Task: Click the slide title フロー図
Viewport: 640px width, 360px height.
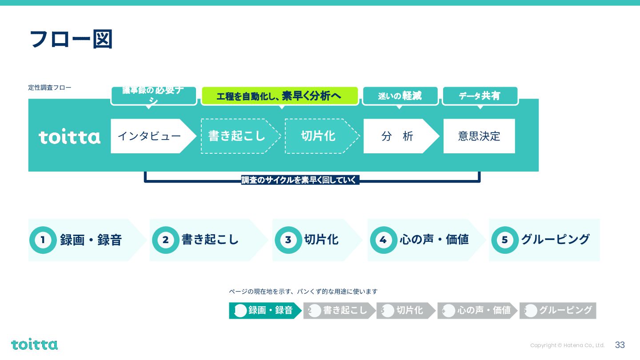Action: click(x=70, y=39)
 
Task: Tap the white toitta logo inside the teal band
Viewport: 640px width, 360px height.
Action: click(x=69, y=137)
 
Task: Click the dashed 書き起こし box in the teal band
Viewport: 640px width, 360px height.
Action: click(x=237, y=136)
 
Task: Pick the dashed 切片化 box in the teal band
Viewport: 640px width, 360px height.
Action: click(x=318, y=136)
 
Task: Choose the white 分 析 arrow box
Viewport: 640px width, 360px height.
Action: click(x=397, y=136)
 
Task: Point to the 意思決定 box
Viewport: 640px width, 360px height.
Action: click(x=479, y=136)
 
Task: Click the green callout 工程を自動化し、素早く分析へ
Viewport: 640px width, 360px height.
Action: click(x=280, y=96)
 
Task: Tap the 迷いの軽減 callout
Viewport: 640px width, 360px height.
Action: click(x=400, y=96)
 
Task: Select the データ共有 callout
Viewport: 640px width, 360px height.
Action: click(x=480, y=96)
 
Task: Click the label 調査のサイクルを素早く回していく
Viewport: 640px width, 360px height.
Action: click(x=300, y=180)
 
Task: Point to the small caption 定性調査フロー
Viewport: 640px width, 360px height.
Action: click(x=50, y=88)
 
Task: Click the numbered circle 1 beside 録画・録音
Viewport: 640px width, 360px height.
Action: click(x=43, y=240)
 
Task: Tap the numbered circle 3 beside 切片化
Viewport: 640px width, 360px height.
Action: click(x=288, y=240)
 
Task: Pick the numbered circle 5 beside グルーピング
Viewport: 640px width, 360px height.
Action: click(x=504, y=240)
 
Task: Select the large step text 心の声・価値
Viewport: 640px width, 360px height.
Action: click(x=434, y=240)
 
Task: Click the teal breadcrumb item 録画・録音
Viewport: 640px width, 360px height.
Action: click(x=265, y=311)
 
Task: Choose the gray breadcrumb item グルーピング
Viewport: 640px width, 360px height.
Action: click(x=558, y=311)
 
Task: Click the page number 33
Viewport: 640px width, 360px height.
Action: click(x=620, y=345)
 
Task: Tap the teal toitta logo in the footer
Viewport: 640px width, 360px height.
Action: click(x=34, y=344)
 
